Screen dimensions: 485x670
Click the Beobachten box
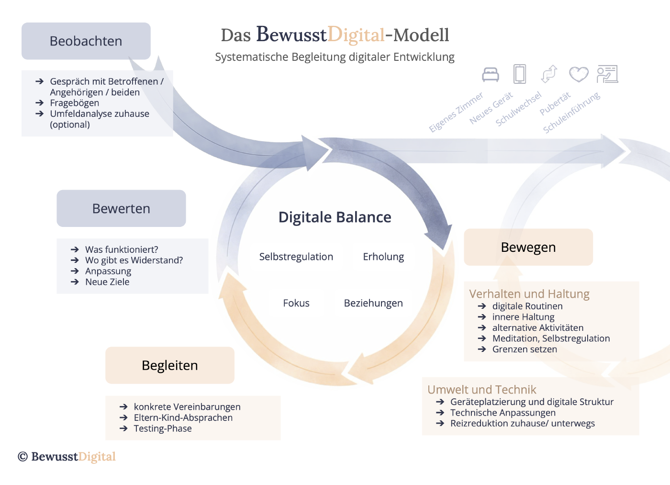click(86, 41)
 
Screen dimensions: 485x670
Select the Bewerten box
click(121, 209)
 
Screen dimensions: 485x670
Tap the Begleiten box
click(170, 365)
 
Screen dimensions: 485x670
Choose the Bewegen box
click(528, 247)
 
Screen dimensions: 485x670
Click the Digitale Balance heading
click(335, 217)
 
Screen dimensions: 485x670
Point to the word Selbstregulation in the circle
click(296, 257)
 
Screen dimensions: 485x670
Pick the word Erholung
click(383, 257)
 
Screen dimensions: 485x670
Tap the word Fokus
click(296, 303)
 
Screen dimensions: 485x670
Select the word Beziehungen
click(373, 303)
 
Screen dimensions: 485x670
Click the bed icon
click(491, 75)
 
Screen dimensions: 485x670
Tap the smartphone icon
click(520, 74)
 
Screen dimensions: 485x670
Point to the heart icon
click(579, 74)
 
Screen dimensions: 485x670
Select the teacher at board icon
click(607, 74)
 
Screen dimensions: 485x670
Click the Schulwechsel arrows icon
click(549, 74)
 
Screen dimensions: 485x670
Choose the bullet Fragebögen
click(74, 103)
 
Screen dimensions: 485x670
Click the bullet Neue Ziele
click(107, 282)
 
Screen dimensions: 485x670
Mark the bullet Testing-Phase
click(163, 429)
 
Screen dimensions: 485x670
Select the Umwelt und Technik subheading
click(481, 390)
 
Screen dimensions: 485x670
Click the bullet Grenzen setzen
click(525, 350)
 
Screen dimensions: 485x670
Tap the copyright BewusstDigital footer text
click(67, 457)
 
